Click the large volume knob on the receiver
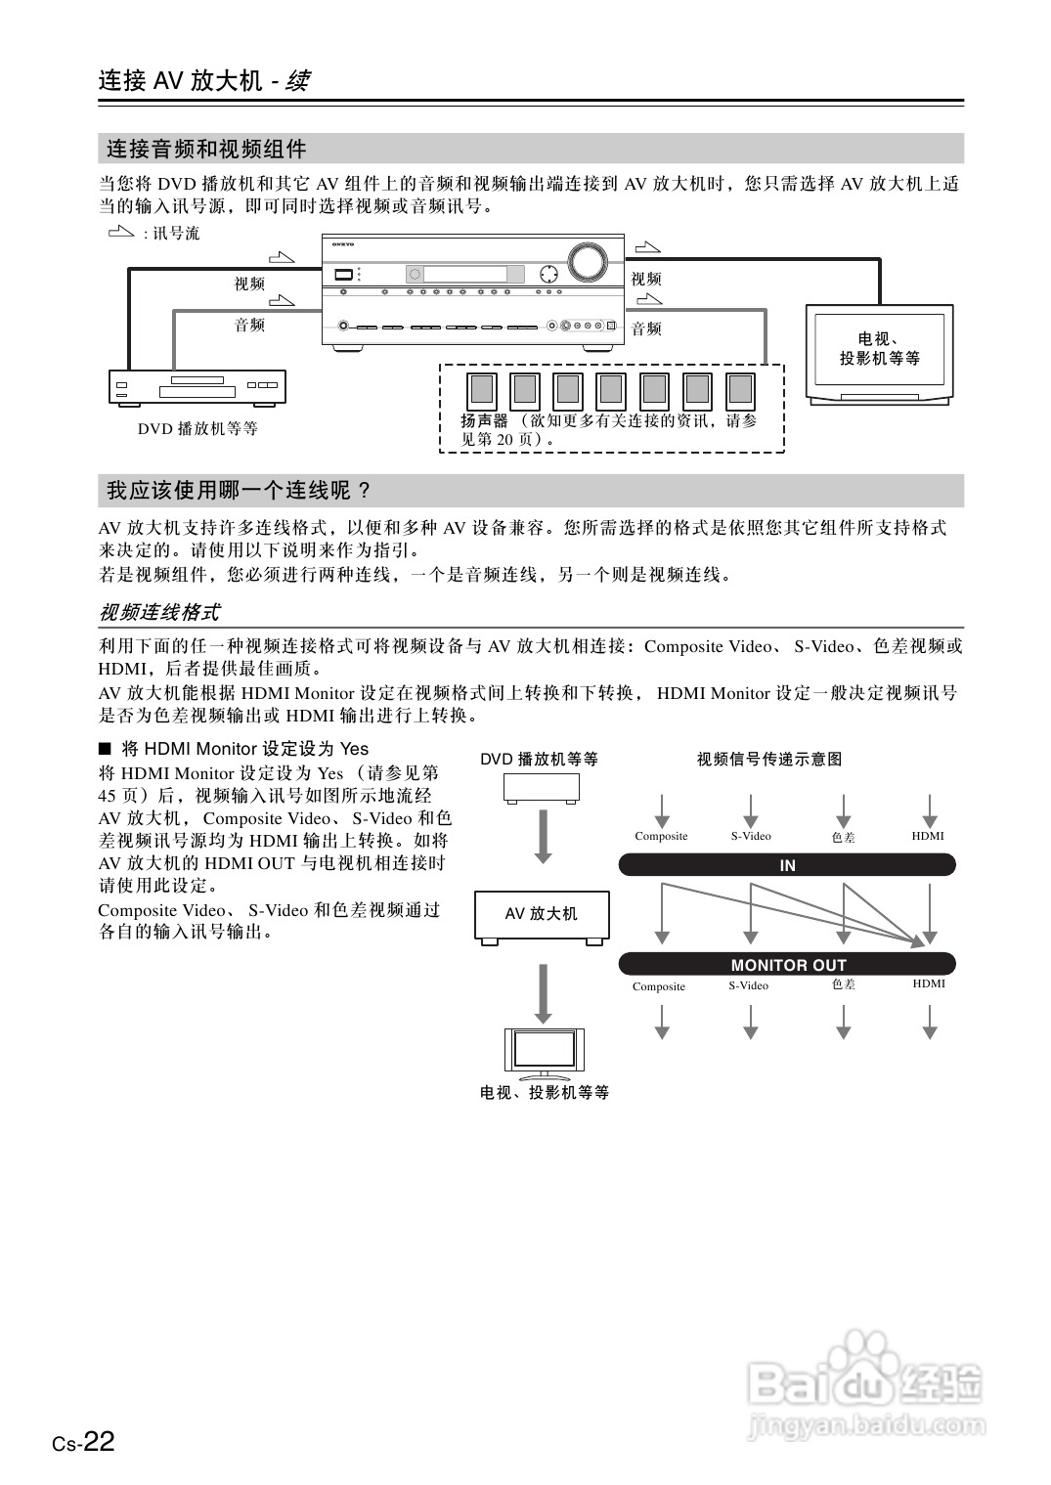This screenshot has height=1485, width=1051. pos(586,260)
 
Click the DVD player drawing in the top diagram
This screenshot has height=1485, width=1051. pos(197,387)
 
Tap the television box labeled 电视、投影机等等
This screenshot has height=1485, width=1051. pos(879,353)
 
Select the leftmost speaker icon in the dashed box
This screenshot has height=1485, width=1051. pos(481,390)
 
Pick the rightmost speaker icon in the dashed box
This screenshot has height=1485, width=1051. pos(740,390)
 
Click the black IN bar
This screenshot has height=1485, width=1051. pos(787,865)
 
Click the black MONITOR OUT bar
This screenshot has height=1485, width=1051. pos(787,965)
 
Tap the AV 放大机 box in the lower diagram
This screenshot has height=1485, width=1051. pos(542,915)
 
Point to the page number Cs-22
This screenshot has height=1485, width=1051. pos(84,1442)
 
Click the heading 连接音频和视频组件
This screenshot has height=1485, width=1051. pos(206,150)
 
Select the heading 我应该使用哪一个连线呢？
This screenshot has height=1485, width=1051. pos(240,491)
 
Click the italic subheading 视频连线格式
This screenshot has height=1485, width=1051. pos(159,613)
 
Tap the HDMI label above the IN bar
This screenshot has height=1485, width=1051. pos(928,836)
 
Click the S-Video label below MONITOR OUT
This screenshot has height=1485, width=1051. pos(749,985)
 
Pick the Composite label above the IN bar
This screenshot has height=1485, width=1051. pos(661,836)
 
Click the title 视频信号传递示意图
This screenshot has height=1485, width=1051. pos(769,759)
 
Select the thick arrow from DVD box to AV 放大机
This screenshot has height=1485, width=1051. pos(543,837)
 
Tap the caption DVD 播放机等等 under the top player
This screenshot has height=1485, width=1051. pos(197,428)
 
